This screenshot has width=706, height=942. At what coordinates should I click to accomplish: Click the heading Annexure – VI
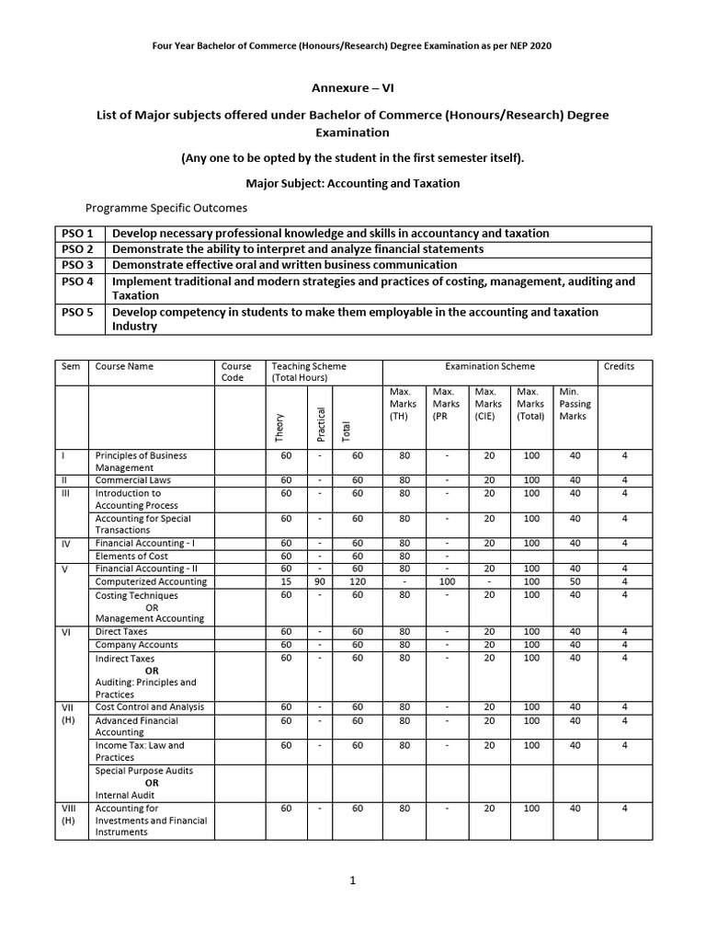(353, 88)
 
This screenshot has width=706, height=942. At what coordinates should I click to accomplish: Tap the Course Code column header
(233, 372)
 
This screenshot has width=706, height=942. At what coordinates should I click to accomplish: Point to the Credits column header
(619, 366)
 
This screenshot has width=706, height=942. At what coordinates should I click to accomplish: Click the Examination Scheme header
(490, 366)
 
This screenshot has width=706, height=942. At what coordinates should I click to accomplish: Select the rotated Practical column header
(321, 422)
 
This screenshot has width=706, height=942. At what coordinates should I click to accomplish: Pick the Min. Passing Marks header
(575, 404)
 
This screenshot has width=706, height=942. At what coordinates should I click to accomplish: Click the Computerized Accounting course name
(151, 581)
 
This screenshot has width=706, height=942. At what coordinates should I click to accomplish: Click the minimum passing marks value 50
(575, 581)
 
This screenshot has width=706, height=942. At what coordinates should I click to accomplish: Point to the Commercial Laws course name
(133, 480)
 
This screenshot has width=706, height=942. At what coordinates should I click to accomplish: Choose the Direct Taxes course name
(121, 632)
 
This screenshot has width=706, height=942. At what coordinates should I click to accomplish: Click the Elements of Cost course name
(132, 556)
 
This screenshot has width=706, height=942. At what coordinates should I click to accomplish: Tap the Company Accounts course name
(137, 645)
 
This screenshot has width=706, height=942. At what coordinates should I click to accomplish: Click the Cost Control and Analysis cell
(150, 707)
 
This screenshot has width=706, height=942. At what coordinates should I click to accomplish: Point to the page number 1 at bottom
(352, 880)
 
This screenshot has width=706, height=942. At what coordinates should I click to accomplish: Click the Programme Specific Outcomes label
(166, 208)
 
